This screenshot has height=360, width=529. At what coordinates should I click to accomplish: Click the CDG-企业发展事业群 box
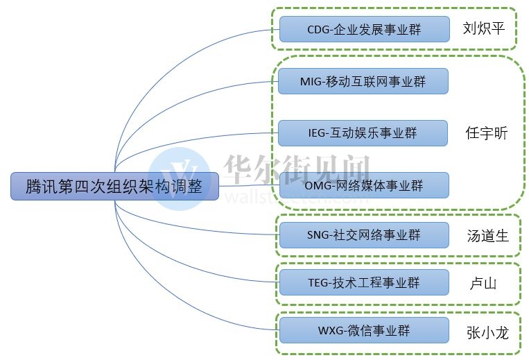(363, 30)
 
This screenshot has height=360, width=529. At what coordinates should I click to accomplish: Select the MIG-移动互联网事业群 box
(363, 81)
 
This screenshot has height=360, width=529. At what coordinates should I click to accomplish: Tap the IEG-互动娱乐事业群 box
(363, 133)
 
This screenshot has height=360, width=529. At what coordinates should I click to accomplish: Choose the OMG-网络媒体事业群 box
(363, 185)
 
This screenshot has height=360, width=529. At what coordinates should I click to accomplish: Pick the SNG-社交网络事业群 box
(363, 235)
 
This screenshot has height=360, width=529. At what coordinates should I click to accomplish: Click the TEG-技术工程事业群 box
(363, 282)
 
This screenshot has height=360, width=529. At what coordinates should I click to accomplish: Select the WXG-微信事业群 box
(363, 330)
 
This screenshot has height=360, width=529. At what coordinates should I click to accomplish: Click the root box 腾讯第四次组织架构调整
(114, 187)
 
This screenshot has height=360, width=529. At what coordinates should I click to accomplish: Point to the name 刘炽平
(483, 29)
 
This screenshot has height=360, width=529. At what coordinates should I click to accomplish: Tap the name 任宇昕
(487, 133)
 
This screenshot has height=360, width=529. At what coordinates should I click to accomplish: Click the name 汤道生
(487, 236)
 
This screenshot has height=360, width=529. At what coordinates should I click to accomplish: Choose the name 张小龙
(487, 333)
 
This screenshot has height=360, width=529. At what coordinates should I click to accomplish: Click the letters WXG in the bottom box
(331, 330)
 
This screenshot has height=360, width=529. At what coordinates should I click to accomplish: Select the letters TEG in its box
(319, 282)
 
